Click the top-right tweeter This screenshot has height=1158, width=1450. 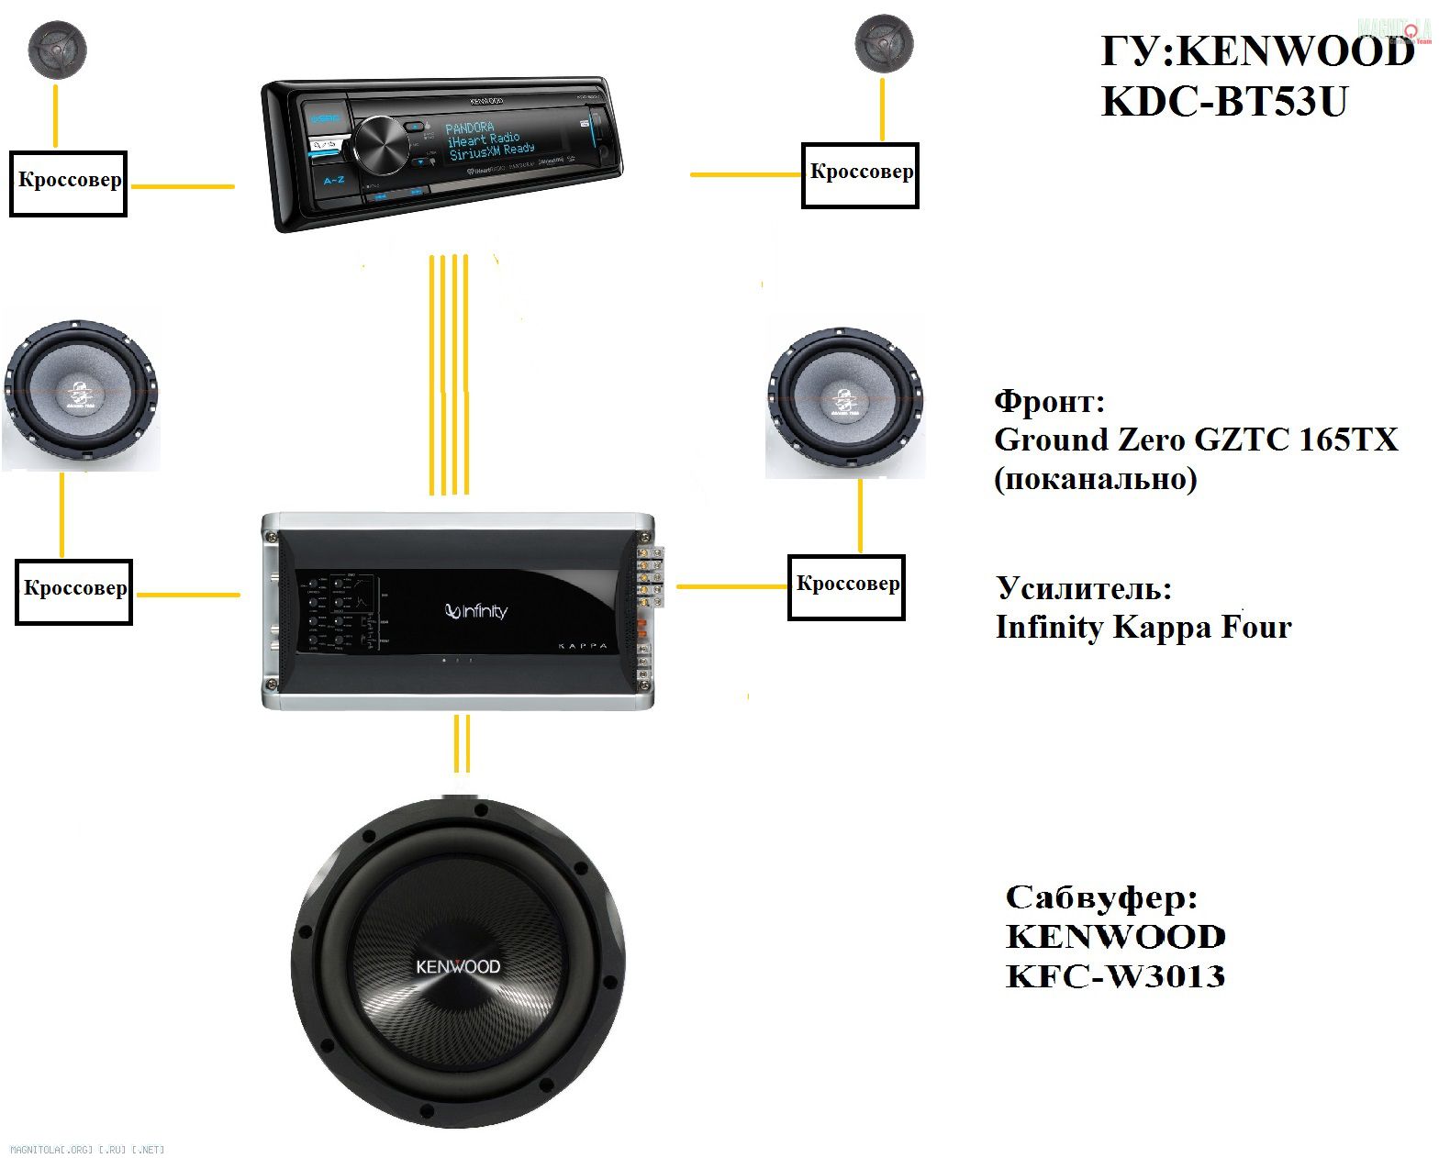click(x=884, y=43)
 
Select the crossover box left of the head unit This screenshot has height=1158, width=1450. click(x=69, y=184)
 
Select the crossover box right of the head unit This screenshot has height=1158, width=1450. click(x=860, y=175)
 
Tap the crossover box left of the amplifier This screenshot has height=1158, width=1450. click(x=74, y=592)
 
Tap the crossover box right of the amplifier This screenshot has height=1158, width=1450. click(x=846, y=587)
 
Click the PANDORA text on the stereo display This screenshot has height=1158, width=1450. click(x=470, y=128)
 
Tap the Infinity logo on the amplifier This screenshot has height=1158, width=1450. click(x=476, y=612)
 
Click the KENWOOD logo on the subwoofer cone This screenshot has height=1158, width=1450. click(x=458, y=966)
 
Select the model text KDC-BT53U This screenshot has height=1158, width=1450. click(x=1224, y=102)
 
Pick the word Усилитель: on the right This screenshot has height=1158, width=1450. click(x=1085, y=588)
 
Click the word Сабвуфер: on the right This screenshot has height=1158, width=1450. click(x=1101, y=897)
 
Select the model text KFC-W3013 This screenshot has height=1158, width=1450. click(x=1115, y=975)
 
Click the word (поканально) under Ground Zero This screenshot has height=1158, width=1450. click(x=1096, y=479)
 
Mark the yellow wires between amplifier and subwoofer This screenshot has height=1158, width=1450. click(x=463, y=743)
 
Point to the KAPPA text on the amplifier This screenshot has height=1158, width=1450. click(x=583, y=646)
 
